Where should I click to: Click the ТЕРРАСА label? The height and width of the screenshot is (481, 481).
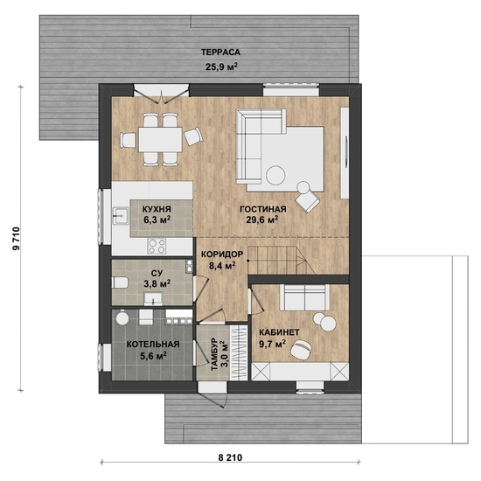coord(220,52)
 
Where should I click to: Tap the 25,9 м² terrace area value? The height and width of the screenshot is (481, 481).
coord(222,66)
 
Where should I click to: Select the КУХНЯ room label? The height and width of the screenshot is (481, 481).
coord(157,209)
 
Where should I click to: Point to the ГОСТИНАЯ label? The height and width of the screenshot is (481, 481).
coord(263,209)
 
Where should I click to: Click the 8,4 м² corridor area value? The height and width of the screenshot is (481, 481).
coord(222,265)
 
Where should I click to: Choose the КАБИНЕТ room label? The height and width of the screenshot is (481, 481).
coord(279,332)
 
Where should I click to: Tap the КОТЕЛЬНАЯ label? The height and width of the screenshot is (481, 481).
coord(153,345)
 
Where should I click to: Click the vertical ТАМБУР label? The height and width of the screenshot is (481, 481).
coord(214,354)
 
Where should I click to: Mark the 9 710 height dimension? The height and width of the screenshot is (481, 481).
coord(16,239)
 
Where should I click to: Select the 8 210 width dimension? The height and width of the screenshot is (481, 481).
coord(230,458)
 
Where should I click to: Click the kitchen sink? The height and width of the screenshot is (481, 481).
coord(121,216)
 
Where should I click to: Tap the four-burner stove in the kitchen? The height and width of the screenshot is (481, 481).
coord(157,246)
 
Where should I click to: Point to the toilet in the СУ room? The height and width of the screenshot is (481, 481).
coord(120,282)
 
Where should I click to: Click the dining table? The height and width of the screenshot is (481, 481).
coord(160,140)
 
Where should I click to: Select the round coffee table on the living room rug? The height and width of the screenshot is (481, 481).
coord(275,175)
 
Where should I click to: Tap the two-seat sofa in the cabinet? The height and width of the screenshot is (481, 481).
coord(304,297)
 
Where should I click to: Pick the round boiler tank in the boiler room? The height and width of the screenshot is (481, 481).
coord(122,317)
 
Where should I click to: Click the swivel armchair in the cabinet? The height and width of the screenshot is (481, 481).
coord(301,348)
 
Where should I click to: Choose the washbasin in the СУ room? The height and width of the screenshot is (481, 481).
coord(153,299)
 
